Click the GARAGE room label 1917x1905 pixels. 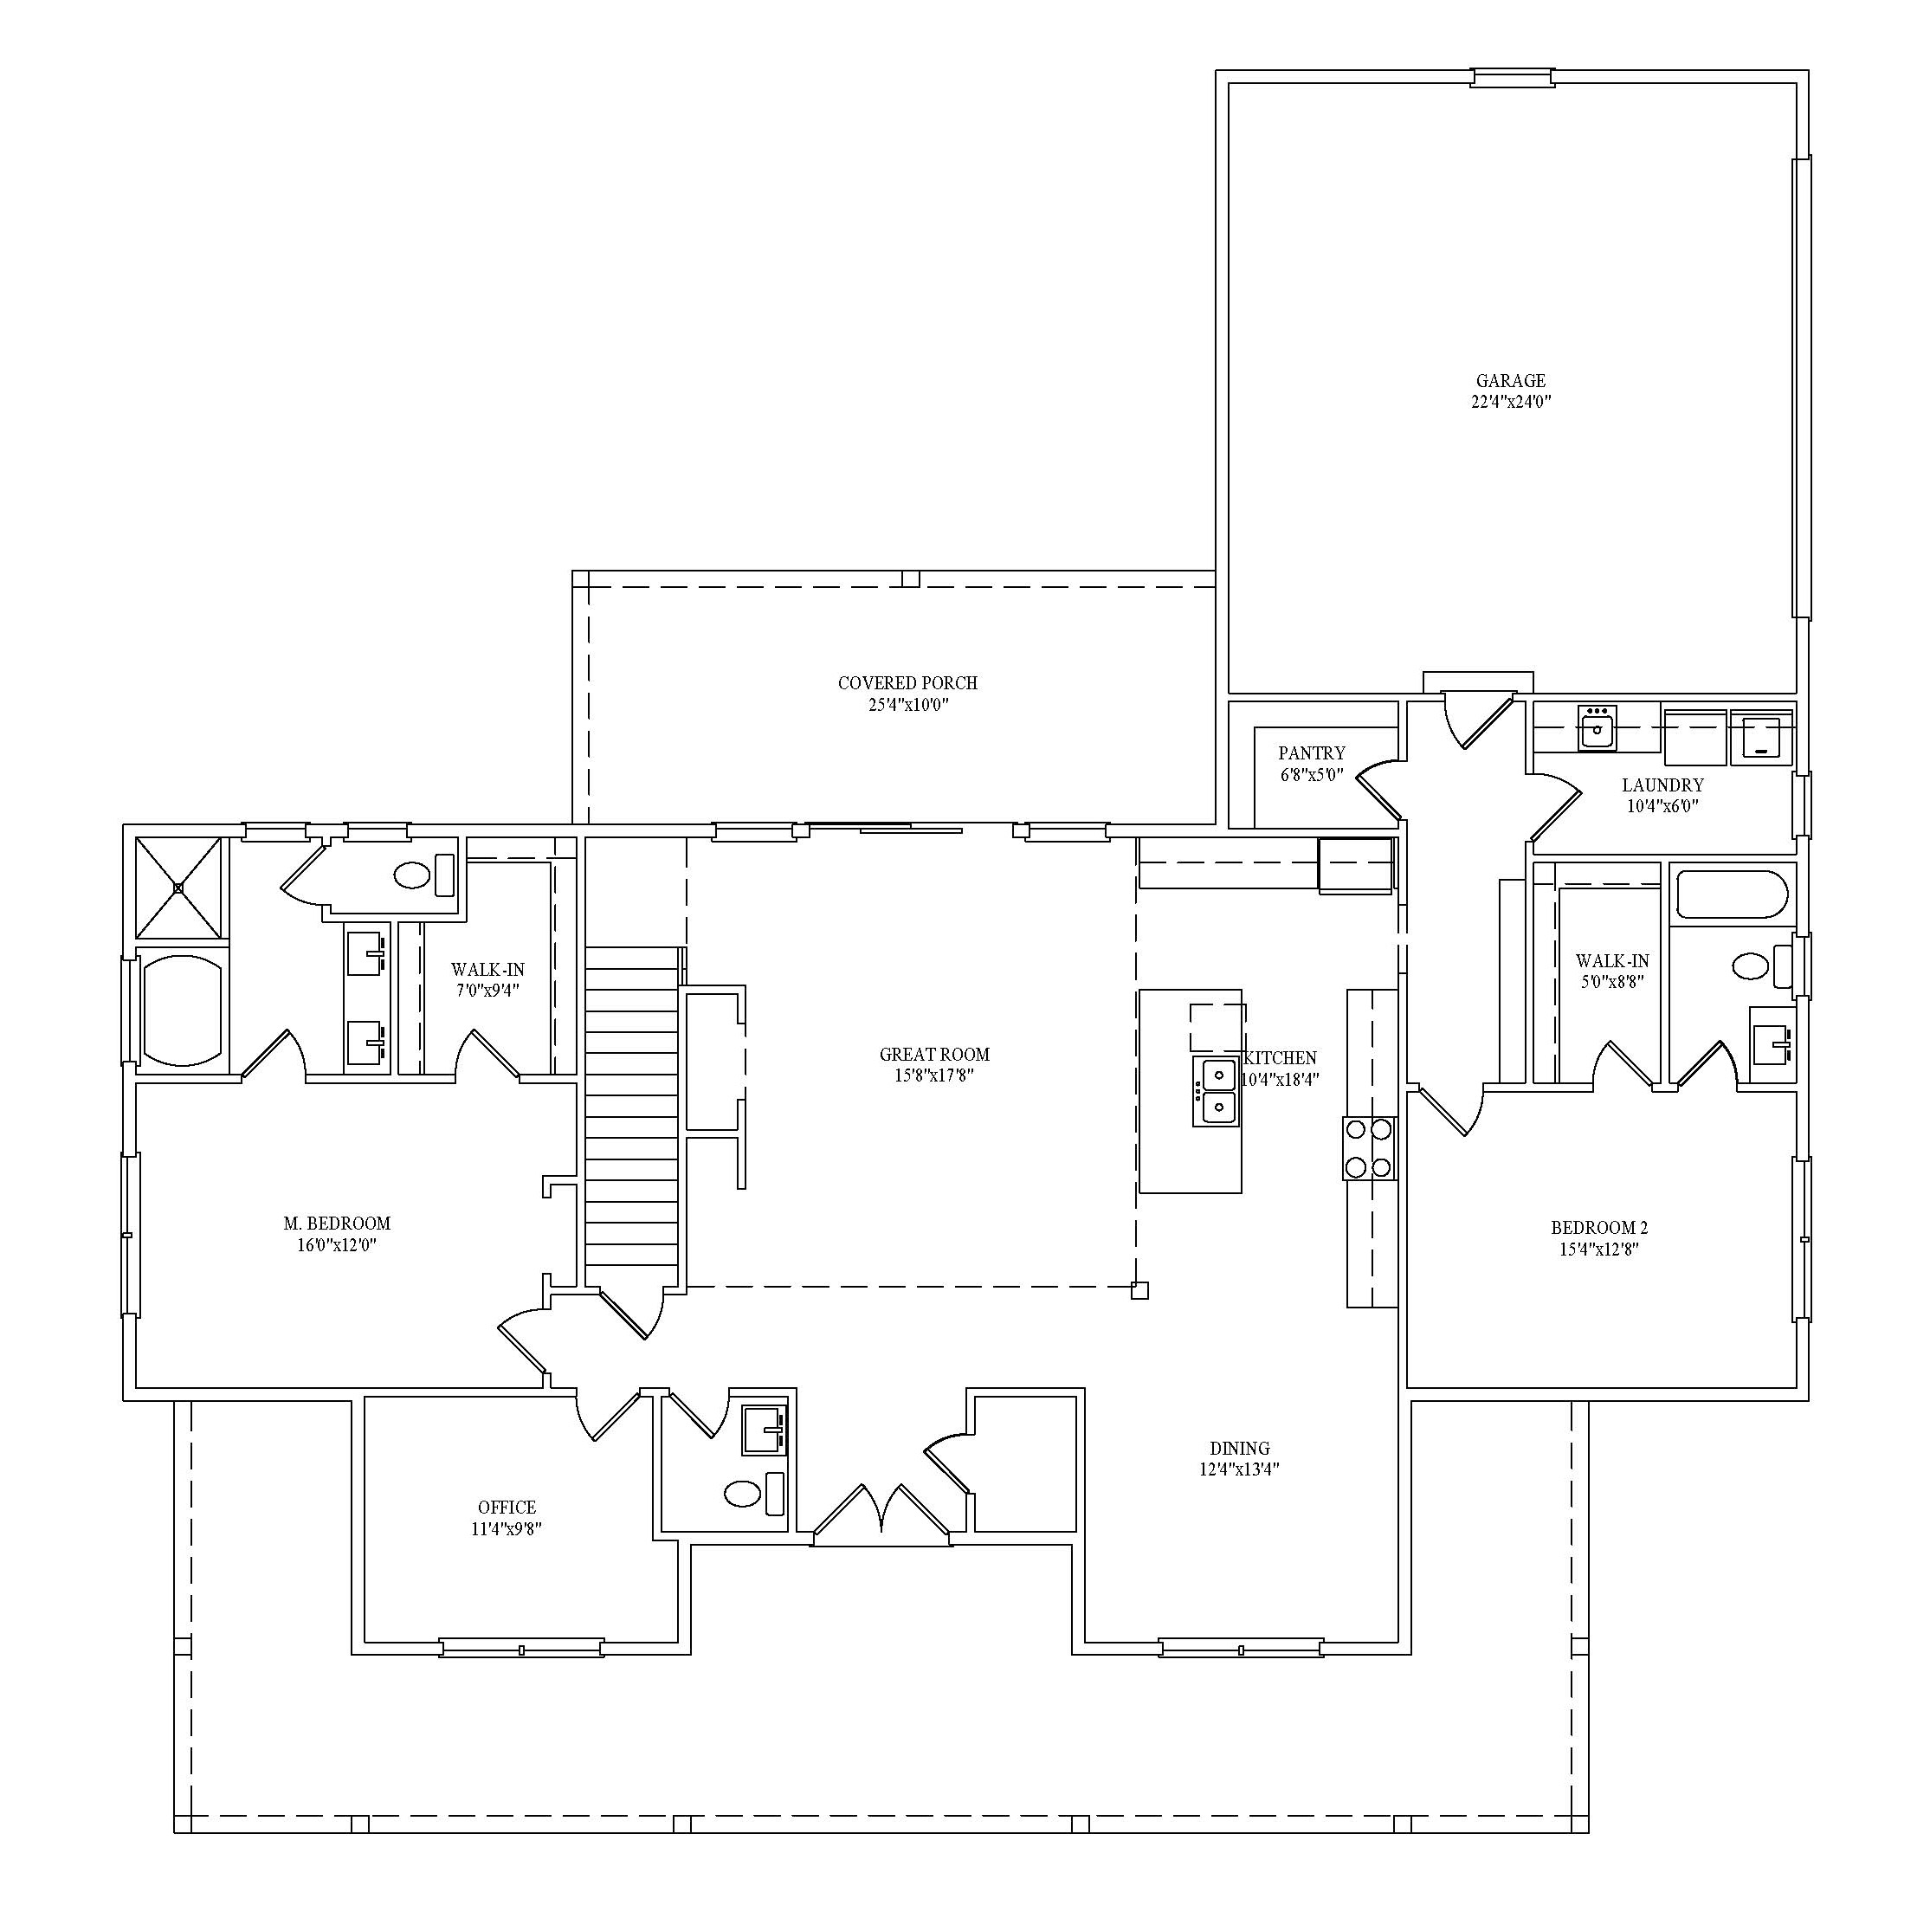(x=1510, y=381)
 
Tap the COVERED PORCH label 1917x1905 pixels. (x=907, y=683)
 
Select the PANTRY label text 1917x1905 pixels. (x=1311, y=754)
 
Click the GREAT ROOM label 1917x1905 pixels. (x=933, y=1055)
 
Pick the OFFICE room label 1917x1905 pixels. (x=506, y=1508)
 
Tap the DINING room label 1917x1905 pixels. (x=1239, y=1449)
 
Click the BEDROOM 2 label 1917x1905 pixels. (x=1598, y=1227)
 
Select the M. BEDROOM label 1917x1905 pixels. (x=336, y=1224)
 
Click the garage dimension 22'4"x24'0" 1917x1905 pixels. (x=1510, y=402)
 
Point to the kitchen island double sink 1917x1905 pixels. (x=1216, y=1090)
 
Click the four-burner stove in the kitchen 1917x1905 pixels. (x=1369, y=1148)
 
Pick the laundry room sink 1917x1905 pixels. (x=1597, y=728)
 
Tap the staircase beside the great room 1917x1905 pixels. (x=631, y=1118)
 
